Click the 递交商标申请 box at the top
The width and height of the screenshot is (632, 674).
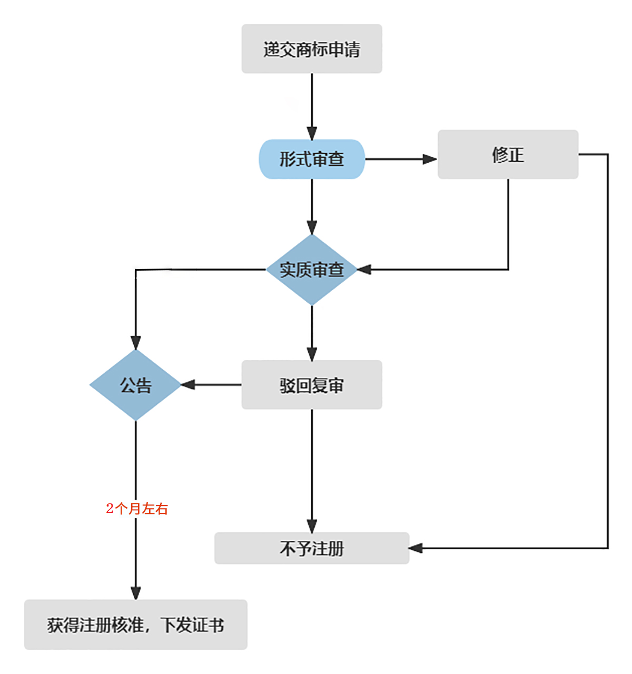[x=312, y=49]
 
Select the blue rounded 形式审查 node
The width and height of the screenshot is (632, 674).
[x=312, y=159]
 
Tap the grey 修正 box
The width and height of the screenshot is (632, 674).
[x=508, y=154]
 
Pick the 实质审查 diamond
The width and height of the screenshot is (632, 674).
[x=312, y=270]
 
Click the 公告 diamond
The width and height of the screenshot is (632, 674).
[x=136, y=385]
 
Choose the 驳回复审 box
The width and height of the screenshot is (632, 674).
[x=312, y=385]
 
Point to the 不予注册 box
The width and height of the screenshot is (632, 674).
[x=312, y=548]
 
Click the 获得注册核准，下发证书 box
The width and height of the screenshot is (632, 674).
[x=136, y=625]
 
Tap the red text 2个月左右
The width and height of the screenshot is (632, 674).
[x=137, y=509]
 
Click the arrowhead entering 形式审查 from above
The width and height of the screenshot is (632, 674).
[x=312, y=133]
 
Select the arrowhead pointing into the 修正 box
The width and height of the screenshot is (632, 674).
[x=430, y=159]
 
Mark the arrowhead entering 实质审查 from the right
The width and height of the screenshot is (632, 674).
[x=364, y=270]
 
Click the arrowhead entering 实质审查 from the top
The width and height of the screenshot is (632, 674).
[x=312, y=227]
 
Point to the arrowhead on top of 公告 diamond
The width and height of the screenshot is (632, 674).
[x=136, y=342]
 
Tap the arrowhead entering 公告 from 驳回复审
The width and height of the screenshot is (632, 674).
[x=188, y=385]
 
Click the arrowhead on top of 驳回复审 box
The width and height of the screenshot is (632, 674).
[x=312, y=354]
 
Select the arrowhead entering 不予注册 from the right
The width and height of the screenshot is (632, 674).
[x=416, y=548]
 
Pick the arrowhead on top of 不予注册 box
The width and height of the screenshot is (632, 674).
[x=312, y=526]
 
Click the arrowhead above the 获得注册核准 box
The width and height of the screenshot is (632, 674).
[x=136, y=592]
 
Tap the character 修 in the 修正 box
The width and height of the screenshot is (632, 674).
[x=499, y=155]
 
